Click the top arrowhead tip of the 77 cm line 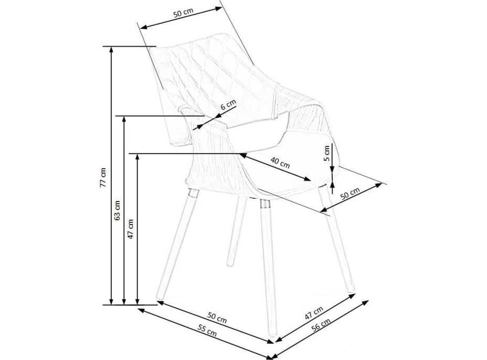coord(111,47)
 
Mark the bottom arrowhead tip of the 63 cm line coord(124,304)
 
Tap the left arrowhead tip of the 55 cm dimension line coord(137,309)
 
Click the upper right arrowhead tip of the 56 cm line coord(369,300)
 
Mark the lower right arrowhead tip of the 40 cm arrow coord(311,181)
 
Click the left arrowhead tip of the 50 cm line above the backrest coord(141,28)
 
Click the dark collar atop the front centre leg coord(265,204)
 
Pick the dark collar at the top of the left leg coord(193,193)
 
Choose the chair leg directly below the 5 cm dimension coord(336,239)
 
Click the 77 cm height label coord(103,178)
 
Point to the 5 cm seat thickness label coord(326,153)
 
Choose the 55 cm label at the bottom coord(207,330)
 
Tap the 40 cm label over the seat coord(280,163)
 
